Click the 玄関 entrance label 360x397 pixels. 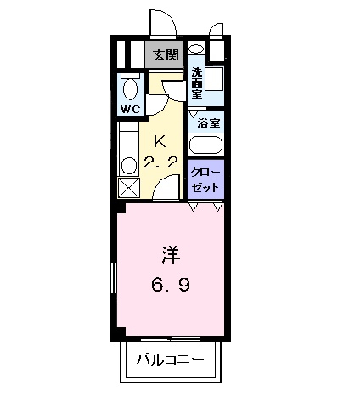click(x=165, y=56)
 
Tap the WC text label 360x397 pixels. click(x=130, y=110)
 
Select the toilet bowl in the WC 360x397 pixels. click(x=130, y=88)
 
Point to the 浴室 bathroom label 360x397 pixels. click(x=209, y=122)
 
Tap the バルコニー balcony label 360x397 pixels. click(x=171, y=360)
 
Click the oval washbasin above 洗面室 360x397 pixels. click(x=196, y=49)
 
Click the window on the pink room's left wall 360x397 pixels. click(x=114, y=278)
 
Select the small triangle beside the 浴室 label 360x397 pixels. click(x=194, y=114)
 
